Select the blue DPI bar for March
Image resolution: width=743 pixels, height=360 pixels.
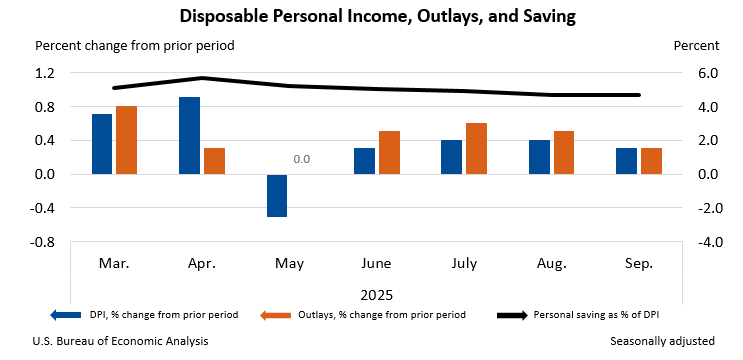click(x=102, y=144)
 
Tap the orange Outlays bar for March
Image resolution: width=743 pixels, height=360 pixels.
click(x=126, y=140)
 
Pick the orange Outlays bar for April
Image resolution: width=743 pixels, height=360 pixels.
click(x=214, y=161)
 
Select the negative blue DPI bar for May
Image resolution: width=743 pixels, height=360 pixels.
click(x=277, y=195)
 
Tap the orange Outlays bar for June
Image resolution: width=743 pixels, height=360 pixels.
click(x=389, y=153)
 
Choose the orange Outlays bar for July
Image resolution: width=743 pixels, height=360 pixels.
click(x=476, y=149)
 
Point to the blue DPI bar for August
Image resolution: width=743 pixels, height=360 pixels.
click(x=539, y=157)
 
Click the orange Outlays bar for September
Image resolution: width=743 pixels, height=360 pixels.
click(x=651, y=161)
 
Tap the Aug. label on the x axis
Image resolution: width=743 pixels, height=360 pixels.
click(x=551, y=265)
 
